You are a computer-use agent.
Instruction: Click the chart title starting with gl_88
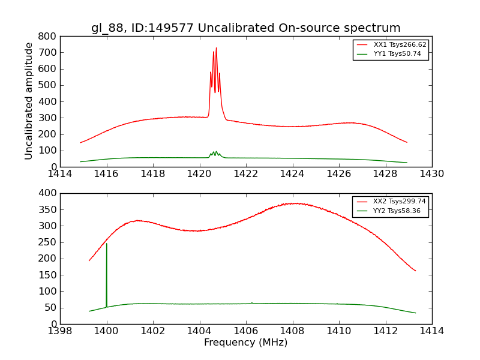pos(246,28)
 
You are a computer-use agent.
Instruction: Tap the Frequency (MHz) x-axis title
pos(246,343)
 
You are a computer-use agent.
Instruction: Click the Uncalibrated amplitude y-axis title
pos(29,101)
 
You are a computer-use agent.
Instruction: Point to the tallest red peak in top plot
pos(216,48)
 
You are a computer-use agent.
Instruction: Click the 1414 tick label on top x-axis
pos(60,174)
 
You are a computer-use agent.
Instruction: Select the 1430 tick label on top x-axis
pos(432,174)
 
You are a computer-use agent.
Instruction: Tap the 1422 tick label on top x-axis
pos(246,174)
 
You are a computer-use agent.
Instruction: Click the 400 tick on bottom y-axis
pos(49,193)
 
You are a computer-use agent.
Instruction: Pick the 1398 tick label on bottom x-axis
pos(60,331)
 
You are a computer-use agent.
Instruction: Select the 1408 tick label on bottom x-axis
pos(293,331)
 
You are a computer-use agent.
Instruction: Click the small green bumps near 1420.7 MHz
pos(215,154)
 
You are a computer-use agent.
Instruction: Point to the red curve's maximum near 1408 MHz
pos(294,203)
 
